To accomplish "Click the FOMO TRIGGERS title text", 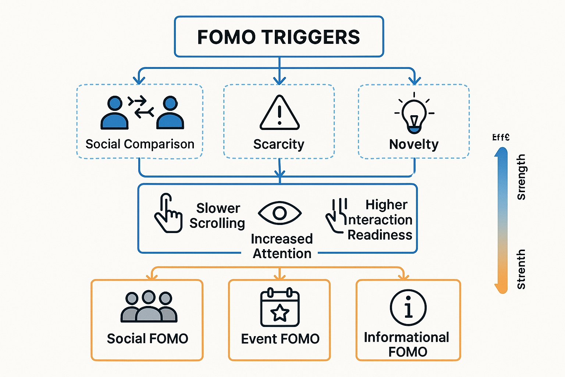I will click(x=278, y=37).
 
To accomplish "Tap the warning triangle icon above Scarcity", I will click(x=280, y=113).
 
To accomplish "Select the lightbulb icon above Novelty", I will click(x=414, y=114).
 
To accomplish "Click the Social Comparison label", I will click(x=140, y=144).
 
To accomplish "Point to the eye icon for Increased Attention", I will click(x=280, y=213).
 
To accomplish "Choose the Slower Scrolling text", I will click(x=217, y=216).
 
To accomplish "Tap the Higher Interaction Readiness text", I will click(x=380, y=220).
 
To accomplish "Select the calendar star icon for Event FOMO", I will click(x=280, y=308).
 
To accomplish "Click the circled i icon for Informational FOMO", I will click(x=408, y=308).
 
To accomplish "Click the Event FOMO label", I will click(x=280, y=339).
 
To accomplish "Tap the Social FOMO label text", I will click(x=148, y=339).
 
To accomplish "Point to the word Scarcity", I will click(x=279, y=144).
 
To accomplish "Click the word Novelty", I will click(x=414, y=144).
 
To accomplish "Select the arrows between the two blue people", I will click(x=141, y=106).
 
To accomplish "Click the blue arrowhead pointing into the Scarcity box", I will click(x=280, y=81).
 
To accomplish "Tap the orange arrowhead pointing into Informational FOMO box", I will click(x=404, y=276).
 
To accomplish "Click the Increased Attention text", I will click(x=282, y=246).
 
